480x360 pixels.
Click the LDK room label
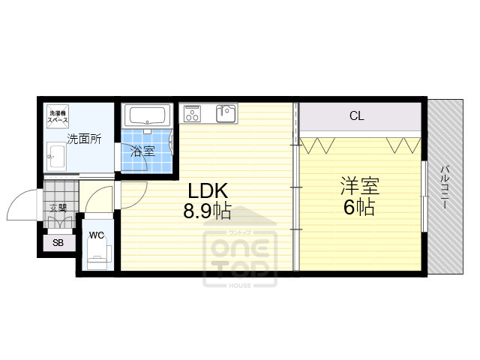tap(202, 191)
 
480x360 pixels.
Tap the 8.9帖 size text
tap(207, 211)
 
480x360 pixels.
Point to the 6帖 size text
tap(358, 206)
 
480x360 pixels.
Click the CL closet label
tap(357, 116)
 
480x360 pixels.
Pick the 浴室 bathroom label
tap(142, 151)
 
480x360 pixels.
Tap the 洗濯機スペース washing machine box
tap(57, 116)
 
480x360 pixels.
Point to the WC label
tap(96, 235)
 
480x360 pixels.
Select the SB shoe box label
tap(58, 244)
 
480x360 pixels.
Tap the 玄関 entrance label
tap(57, 208)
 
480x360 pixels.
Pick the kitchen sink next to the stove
tap(225, 113)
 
